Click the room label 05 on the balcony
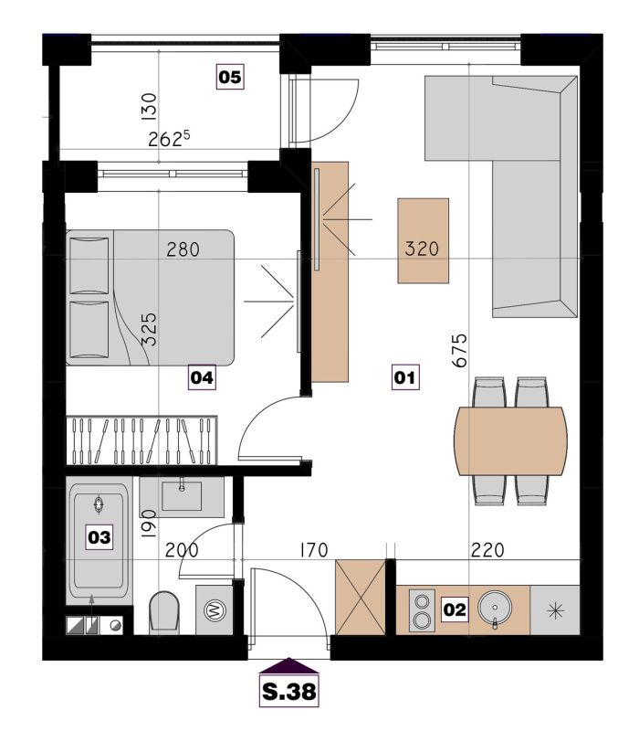(230, 77)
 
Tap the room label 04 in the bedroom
(202, 377)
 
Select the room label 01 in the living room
(404, 376)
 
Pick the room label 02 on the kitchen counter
(455, 609)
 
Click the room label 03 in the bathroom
(100, 537)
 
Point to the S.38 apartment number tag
(289, 692)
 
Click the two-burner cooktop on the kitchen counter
(422, 610)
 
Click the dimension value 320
(422, 249)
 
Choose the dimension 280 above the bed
(183, 249)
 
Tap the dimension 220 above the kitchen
(487, 551)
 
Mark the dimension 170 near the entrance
(314, 551)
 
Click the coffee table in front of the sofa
(424, 240)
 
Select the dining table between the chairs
(511, 441)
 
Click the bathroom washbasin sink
(182, 496)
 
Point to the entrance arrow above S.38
(289, 665)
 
